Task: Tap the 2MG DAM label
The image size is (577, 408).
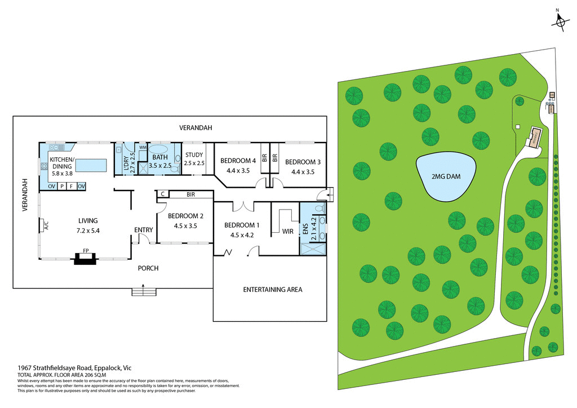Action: [446, 176]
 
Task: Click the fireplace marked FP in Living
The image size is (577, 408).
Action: [86, 258]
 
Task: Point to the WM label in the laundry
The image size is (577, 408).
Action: [143, 147]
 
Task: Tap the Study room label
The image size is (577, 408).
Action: [194, 155]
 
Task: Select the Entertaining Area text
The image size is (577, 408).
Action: [273, 290]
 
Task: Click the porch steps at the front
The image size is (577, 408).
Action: [144, 292]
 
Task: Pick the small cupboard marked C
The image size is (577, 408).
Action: [162, 194]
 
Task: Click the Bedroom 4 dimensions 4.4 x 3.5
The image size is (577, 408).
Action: [238, 171]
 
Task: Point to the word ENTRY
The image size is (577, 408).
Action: [143, 229]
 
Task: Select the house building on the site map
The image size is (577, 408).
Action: [533, 136]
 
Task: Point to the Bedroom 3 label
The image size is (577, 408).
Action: [302, 162]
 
